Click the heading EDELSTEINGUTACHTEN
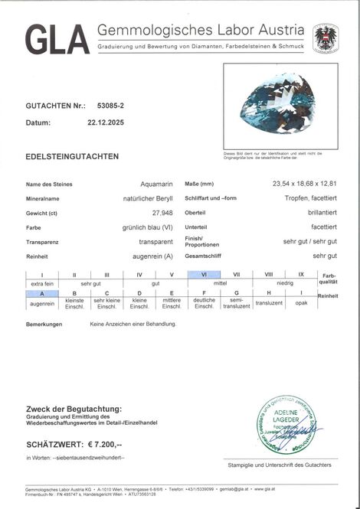pos(72,156)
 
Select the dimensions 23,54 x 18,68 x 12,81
pos(295,185)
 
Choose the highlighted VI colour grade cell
pos(205,274)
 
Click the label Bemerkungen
pos(43,325)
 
